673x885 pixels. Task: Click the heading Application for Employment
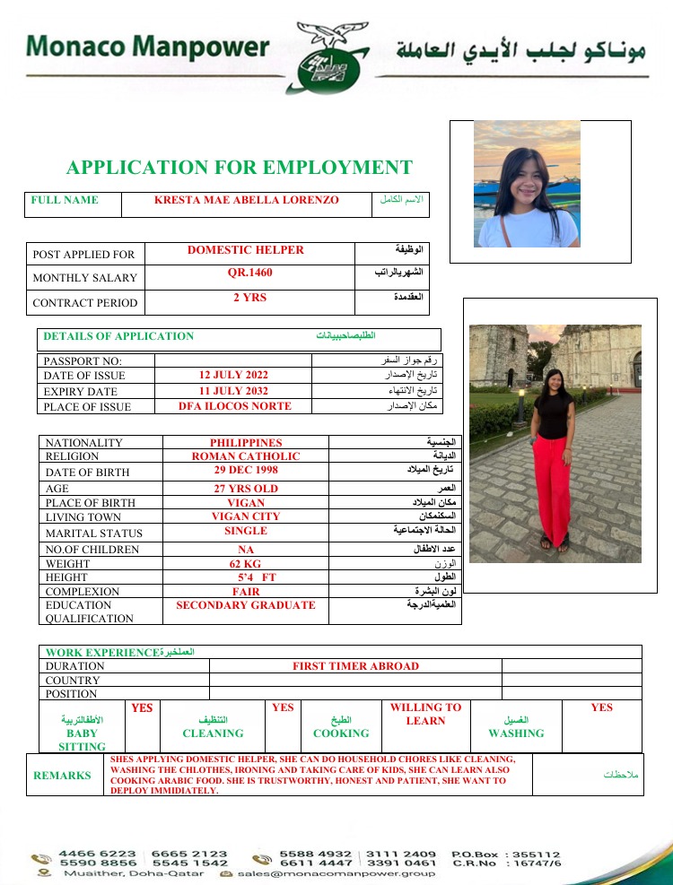pyautogui.click(x=240, y=168)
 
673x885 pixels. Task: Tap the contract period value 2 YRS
pyautogui.click(x=249, y=298)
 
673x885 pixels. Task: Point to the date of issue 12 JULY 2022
pyautogui.click(x=233, y=375)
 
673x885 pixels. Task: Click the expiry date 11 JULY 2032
pyautogui.click(x=233, y=391)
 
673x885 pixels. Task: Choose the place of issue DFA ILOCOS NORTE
pyautogui.click(x=235, y=406)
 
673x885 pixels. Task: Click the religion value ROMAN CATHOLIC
pyautogui.click(x=246, y=456)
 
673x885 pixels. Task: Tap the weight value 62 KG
pyautogui.click(x=245, y=564)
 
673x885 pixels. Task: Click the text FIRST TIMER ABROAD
pyautogui.click(x=355, y=666)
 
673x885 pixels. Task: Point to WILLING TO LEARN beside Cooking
pyautogui.click(x=425, y=714)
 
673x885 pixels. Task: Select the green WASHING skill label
pyautogui.click(x=516, y=733)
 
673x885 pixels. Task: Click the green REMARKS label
pyautogui.click(x=62, y=776)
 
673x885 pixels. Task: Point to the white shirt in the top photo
pyautogui.click(x=528, y=228)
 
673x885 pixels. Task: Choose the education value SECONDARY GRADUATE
pyautogui.click(x=246, y=605)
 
